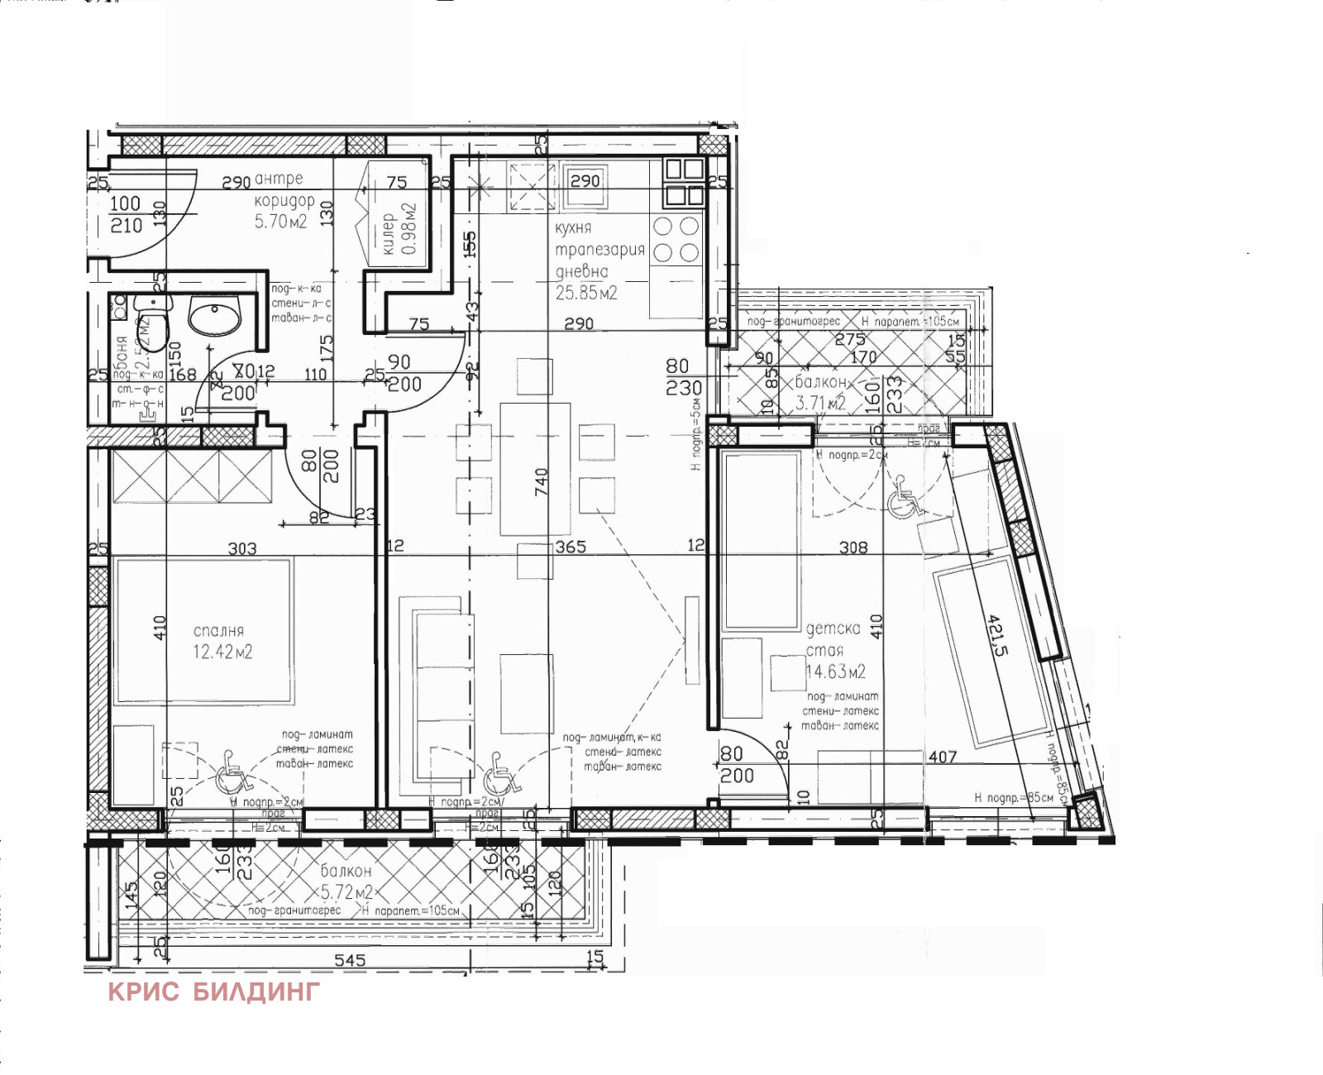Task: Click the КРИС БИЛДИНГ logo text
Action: tap(213, 991)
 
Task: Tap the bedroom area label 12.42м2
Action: tap(222, 652)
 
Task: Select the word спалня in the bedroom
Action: tap(218, 631)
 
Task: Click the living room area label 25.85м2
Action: tap(586, 293)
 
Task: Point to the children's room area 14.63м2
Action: tap(836, 671)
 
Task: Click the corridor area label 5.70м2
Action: tap(280, 222)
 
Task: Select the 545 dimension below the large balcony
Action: tap(349, 961)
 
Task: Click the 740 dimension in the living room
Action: tap(541, 480)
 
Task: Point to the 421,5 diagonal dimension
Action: tap(998, 634)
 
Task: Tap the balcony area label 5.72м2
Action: tap(346, 892)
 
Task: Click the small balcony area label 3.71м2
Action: tap(820, 403)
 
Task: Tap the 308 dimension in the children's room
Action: tap(853, 547)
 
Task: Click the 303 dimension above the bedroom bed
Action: tap(241, 549)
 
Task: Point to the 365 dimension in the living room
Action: tap(571, 547)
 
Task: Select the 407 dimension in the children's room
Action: tap(943, 756)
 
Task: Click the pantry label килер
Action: tap(388, 233)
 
